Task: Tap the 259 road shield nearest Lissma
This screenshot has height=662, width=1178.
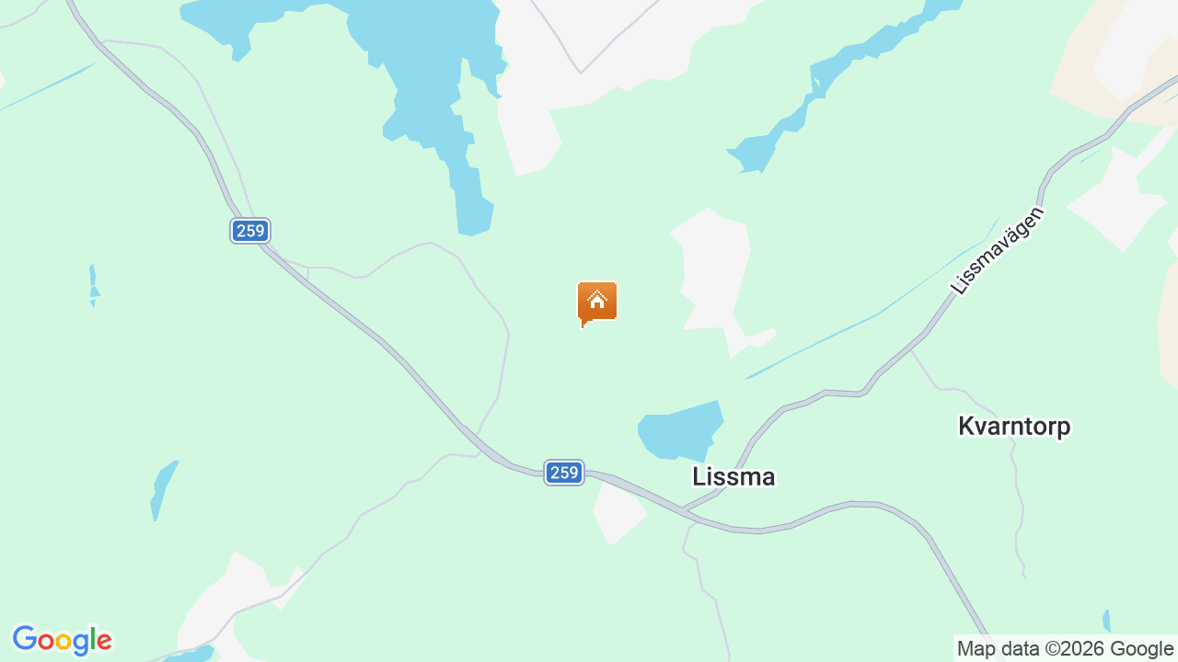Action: (x=563, y=473)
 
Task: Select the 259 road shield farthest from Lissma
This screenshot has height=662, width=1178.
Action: (x=250, y=231)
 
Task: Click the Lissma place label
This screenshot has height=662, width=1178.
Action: (x=733, y=476)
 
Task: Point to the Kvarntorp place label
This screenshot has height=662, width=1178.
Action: (x=1014, y=427)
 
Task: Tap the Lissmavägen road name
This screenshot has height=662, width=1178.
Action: (x=998, y=251)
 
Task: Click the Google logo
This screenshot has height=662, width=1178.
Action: (x=62, y=640)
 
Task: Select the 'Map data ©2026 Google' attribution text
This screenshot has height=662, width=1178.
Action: (x=1065, y=649)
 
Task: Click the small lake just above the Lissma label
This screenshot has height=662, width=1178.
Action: (x=679, y=431)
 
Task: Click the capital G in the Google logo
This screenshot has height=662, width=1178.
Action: (x=24, y=640)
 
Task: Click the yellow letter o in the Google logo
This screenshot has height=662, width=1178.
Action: (x=63, y=641)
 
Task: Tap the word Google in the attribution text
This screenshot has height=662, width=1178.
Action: (x=1141, y=649)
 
